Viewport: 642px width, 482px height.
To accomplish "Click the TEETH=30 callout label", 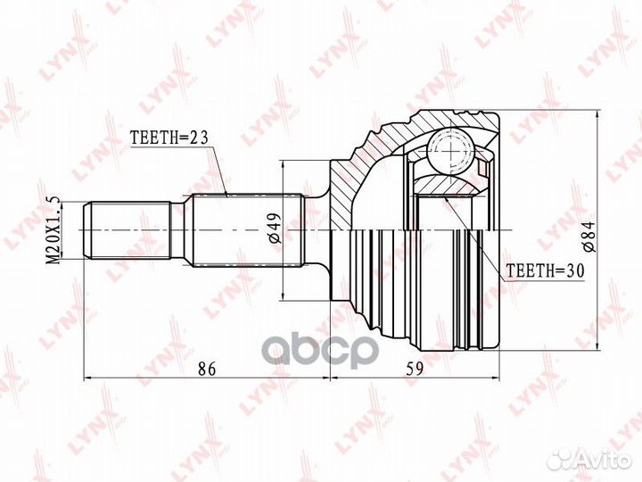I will click(x=543, y=268).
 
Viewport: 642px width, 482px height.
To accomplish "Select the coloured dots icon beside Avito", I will click(x=562, y=458).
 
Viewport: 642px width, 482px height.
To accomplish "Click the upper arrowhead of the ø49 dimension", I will click(x=283, y=166).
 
